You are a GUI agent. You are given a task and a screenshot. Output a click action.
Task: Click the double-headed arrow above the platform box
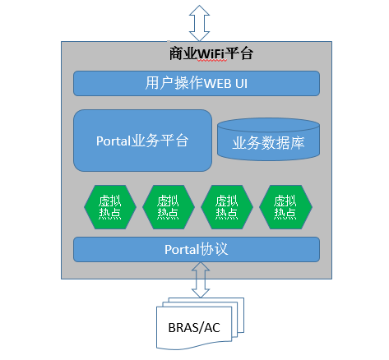click(199, 23)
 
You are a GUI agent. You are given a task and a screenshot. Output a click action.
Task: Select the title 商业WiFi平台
click(211, 53)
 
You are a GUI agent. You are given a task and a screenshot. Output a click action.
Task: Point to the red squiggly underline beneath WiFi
click(212, 61)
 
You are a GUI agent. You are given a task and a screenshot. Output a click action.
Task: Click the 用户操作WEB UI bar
click(197, 83)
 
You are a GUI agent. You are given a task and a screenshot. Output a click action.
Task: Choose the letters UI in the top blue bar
click(241, 84)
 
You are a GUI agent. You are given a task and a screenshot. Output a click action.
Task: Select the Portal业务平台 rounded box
click(142, 141)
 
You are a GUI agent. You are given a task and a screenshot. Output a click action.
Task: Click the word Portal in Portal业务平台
click(113, 141)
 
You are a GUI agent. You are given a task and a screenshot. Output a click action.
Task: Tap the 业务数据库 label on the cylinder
click(268, 143)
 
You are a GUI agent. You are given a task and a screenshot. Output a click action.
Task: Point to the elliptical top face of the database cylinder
click(268, 125)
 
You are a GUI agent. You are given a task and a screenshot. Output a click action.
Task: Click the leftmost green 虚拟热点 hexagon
click(110, 207)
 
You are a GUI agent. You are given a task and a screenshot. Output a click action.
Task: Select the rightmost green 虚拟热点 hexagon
click(285, 207)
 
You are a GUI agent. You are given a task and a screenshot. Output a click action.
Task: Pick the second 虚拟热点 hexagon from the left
click(169, 207)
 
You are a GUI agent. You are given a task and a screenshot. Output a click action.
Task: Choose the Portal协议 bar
click(197, 249)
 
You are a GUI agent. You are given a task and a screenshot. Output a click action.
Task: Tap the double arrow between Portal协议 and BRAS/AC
click(201, 279)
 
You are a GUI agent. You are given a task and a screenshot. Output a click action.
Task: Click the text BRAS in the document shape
click(183, 328)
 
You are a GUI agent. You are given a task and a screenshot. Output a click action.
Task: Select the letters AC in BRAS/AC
click(212, 328)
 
